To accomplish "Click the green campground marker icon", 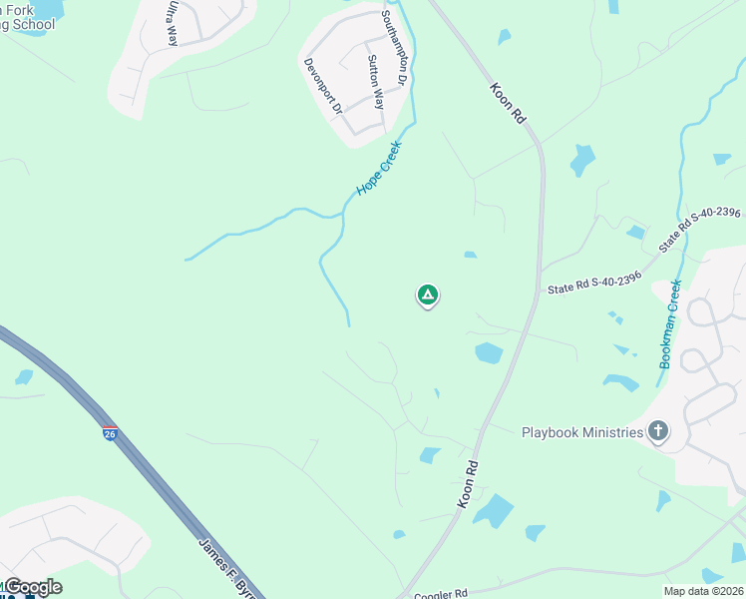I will tap(427, 296).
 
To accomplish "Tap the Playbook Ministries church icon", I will tap(657, 431).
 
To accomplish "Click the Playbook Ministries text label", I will tap(582, 432).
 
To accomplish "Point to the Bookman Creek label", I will tap(669, 324).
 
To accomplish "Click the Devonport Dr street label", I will tap(323, 85).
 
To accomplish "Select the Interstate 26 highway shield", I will tap(109, 433).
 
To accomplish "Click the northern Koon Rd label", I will tap(507, 103).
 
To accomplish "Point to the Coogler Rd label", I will tap(440, 594).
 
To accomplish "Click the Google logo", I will tap(32, 587).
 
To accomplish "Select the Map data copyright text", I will tap(704, 591).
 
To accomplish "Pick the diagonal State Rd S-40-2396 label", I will tap(700, 231).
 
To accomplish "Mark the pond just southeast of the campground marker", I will tap(489, 352).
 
